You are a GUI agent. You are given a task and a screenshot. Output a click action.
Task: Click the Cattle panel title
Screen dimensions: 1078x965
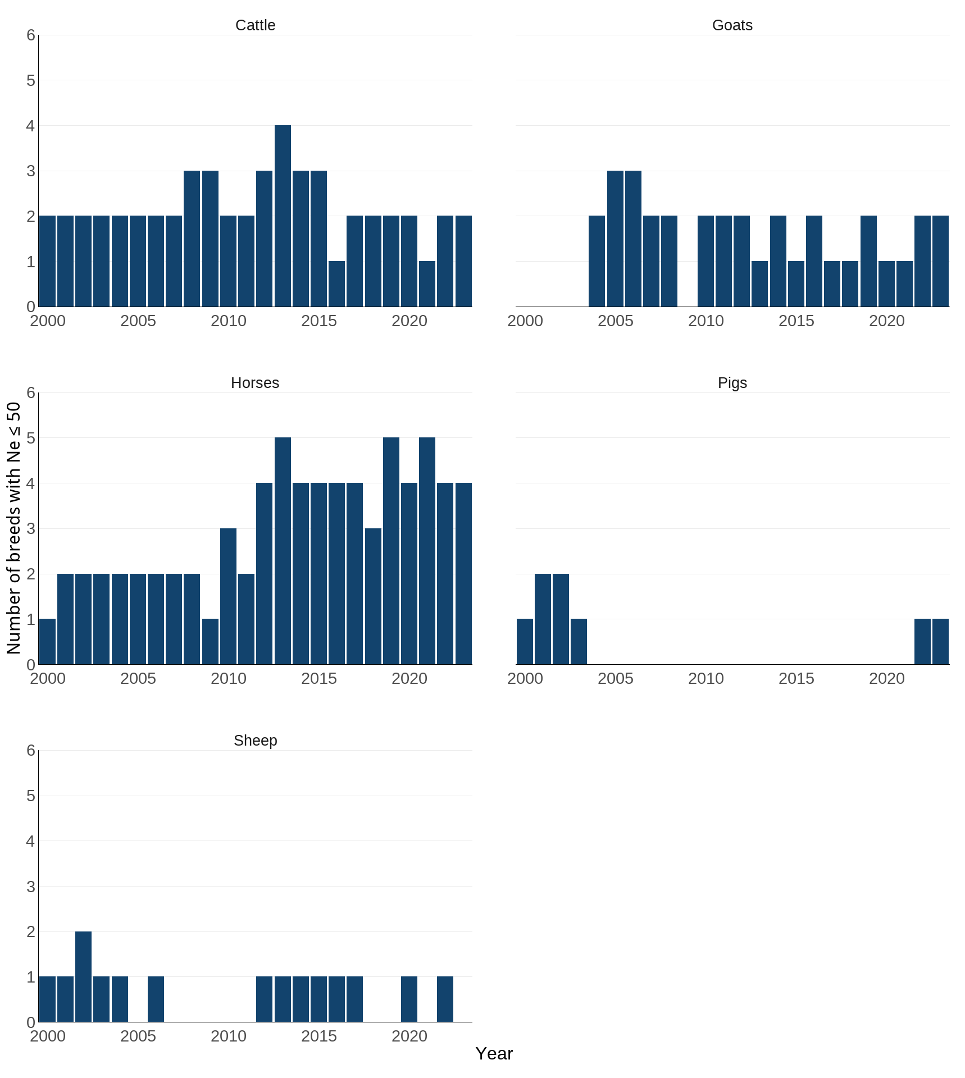[x=255, y=25]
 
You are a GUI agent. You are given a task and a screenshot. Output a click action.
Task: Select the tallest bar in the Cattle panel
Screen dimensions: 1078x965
[x=283, y=216]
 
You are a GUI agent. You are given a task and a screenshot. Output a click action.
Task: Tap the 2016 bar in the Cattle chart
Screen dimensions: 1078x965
[x=336, y=284]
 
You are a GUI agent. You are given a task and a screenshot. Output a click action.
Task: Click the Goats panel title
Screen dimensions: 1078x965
[x=732, y=25]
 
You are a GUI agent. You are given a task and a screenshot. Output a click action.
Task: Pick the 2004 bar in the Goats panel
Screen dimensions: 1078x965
[x=597, y=261]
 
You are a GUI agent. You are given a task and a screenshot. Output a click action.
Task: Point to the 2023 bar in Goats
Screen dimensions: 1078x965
[x=940, y=261]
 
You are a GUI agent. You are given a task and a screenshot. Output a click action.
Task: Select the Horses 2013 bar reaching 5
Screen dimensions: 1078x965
[x=283, y=551]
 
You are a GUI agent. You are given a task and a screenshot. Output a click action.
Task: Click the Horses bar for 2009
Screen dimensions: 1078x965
[x=210, y=642]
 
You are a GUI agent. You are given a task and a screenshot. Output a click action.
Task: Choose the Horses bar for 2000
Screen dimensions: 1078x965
[x=48, y=642]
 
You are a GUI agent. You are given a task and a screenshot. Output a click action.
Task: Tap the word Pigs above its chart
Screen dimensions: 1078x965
[x=732, y=383]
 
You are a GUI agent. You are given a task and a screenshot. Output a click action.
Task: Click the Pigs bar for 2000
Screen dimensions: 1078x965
[x=525, y=642]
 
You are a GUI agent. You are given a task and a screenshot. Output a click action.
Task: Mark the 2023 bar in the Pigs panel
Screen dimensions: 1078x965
[x=940, y=642]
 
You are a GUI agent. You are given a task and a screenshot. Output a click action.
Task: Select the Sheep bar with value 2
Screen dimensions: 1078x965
[x=84, y=977]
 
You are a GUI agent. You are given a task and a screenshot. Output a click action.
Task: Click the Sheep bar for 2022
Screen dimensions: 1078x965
[x=445, y=999]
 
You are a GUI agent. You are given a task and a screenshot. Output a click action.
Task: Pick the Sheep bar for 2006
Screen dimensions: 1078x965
[x=156, y=999]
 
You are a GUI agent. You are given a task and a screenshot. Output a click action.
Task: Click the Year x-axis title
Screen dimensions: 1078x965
[x=494, y=1054]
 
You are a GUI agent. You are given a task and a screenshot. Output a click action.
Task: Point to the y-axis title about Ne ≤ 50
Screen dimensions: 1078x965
[x=13, y=528]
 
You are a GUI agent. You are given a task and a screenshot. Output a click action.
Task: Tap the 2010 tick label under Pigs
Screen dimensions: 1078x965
[x=705, y=678]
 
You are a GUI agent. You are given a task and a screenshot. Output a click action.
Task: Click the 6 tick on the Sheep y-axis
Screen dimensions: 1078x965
[x=31, y=750]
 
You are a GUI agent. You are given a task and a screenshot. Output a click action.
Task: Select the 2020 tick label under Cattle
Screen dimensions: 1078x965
[x=409, y=321]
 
